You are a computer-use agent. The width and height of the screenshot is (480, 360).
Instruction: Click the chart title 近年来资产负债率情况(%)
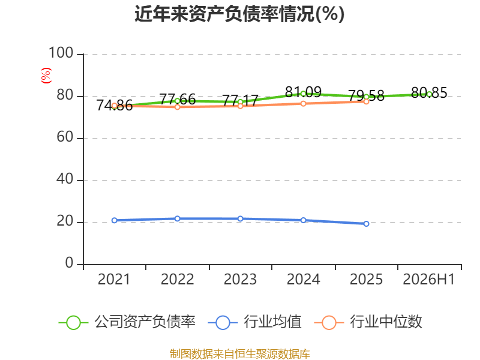tap(239, 14)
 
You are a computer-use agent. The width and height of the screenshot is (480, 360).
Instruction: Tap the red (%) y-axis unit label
tap(46, 76)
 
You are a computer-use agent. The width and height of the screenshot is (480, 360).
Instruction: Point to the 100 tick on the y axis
tap(61, 53)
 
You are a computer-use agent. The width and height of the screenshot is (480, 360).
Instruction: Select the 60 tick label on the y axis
tap(65, 137)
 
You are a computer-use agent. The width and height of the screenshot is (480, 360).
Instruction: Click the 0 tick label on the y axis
tap(69, 263)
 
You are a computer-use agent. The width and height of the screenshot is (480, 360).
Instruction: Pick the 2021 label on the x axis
tap(114, 279)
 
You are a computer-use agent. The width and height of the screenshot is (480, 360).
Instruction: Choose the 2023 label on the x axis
tap(240, 279)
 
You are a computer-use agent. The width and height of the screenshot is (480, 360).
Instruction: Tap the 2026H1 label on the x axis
tap(428, 279)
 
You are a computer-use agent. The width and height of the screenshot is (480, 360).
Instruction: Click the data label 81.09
tap(303, 92)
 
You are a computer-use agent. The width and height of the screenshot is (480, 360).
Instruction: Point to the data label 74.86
tap(114, 106)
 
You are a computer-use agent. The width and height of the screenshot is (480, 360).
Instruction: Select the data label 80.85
tap(429, 93)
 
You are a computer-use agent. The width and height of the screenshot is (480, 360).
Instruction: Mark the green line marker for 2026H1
tap(429, 95)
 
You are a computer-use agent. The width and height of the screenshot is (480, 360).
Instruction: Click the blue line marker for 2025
tap(366, 224)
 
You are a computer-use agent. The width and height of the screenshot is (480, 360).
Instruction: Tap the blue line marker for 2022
tap(177, 218)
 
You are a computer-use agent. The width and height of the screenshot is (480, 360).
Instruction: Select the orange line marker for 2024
tap(303, 103)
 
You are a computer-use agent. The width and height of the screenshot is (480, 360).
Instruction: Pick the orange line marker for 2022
tap(177, 107)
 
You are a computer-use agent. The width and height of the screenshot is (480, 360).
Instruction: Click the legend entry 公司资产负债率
tap(127, 322)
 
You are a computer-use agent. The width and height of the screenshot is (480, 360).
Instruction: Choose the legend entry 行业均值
tap(254, 322)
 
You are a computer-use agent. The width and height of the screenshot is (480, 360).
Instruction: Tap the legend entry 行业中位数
tap(368, 322)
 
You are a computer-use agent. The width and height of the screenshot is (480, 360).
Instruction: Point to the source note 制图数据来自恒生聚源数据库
tap(240, 354)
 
